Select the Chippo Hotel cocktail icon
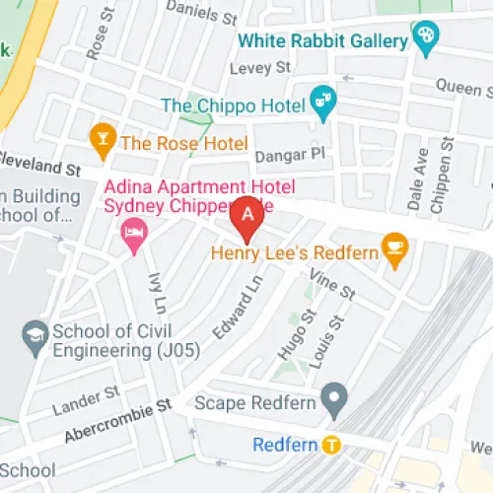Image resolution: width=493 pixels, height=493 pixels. click(322, 100)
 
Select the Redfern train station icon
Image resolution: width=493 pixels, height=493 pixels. click(332, 444)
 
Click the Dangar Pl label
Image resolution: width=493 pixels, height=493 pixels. click(289, 154)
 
